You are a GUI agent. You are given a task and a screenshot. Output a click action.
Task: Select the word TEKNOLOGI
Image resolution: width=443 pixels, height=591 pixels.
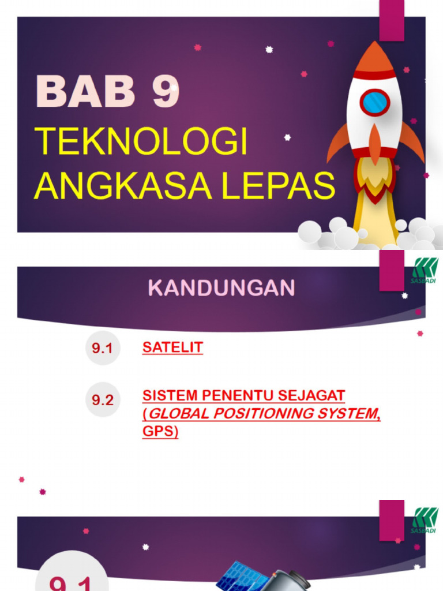[x=141, y=142]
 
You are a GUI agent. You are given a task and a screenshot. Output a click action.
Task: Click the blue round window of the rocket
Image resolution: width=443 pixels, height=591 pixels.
[x=375, y=102]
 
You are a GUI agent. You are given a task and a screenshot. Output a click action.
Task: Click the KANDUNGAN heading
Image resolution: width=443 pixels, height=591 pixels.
[x=221, y=287]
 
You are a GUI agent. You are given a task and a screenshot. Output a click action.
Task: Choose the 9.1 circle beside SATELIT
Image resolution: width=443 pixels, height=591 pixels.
[x=103, y=348]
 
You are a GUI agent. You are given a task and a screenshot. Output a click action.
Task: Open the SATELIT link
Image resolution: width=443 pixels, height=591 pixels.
[x=172, y=347]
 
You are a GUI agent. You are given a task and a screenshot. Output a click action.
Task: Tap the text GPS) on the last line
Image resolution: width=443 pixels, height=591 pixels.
[x=160, y=432]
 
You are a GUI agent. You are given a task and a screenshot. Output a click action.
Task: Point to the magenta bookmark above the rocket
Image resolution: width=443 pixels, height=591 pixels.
[x=391, y=20]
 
